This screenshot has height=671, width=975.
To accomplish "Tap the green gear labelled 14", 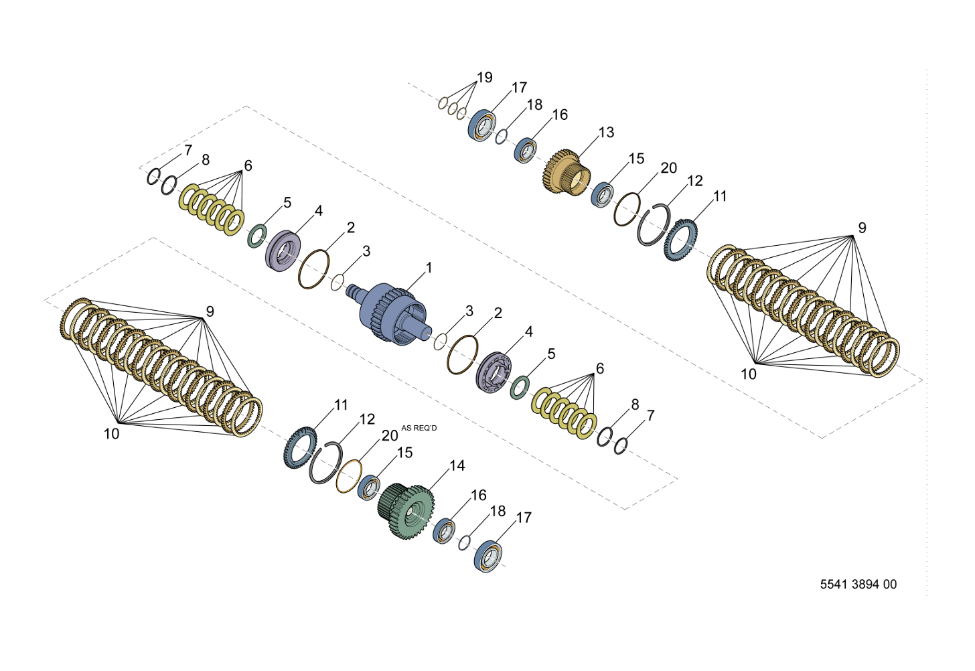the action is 406,510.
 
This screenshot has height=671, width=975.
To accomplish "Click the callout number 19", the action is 484,78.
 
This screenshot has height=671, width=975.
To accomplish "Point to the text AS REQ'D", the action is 419,428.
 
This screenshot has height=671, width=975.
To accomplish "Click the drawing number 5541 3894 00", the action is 858,584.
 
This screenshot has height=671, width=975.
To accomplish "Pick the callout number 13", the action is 606,133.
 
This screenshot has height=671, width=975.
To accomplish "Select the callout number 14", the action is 457,465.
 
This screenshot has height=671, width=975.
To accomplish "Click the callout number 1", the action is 429,268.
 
